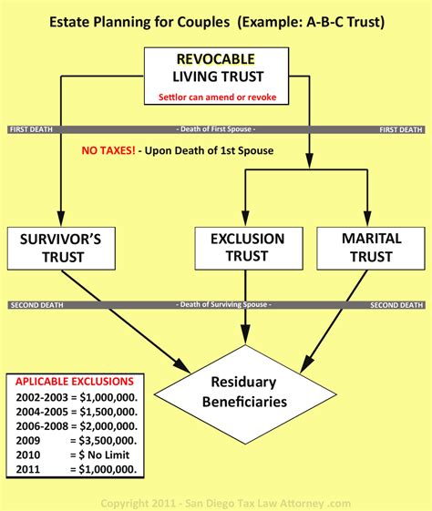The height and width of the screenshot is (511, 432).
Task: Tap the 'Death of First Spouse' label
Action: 215,129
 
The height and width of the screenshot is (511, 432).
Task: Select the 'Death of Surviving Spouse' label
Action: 216,303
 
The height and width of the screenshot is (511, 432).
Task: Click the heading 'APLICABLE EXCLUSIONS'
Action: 74,381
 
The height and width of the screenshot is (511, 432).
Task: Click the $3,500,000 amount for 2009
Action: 107,440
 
